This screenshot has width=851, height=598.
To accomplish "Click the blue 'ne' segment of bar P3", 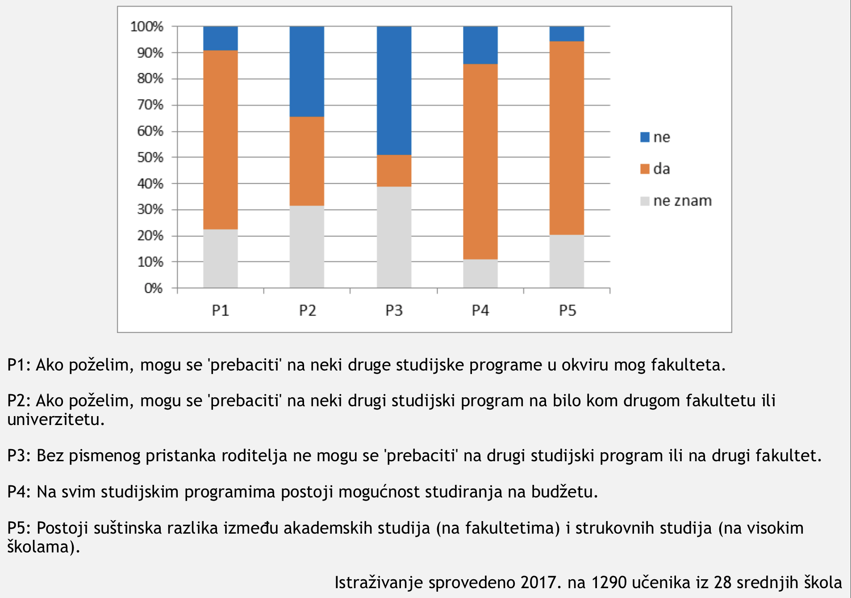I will pyautogui.click(x=394, y=90).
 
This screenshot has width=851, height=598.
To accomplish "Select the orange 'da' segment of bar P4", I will pyautogui.click(x=480, y=161).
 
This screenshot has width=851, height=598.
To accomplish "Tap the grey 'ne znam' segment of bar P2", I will pyautogui.click(x=307, y=246).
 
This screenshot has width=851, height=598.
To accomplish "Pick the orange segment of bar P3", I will pyautogui.click(x=394, y=171).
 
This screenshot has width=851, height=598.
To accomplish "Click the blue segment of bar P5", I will pyautogui.click(x=567, y=34).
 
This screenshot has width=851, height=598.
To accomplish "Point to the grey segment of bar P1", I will pyautogui.click(x=220, y=258).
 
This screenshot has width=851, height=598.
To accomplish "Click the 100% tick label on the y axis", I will pyautogui.click(x=147, y=27).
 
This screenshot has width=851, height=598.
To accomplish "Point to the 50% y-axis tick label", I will pyautogui.click(x=150, y=157).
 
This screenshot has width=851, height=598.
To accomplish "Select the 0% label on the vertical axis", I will pyautogui.click(x=153, y=288).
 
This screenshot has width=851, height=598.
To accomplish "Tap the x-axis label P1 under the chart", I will pyautogui.click(x=220, y=310).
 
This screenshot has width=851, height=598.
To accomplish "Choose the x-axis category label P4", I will pyautogui.click(x=480, y=310).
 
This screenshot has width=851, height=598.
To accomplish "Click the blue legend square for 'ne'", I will pyautogui.click(x=645, y=137).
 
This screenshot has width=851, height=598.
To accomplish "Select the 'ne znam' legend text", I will pyautogui.click(x=682, y=201).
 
